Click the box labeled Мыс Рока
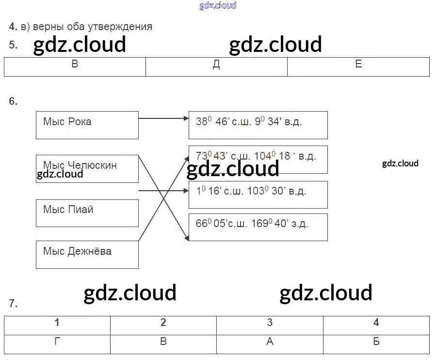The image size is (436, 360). (x=87, y=125)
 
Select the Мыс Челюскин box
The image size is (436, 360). (x=87, y=169)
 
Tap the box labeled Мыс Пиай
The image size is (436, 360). (x=87, y=213)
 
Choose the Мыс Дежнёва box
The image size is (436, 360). (x=87, y=255)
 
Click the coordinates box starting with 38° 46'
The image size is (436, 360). (x=258, y=125)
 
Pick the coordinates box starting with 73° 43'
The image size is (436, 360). (x=258, y=159)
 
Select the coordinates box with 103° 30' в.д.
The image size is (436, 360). (x=258, y=195)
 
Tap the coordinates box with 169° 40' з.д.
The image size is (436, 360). (x=258, y=227)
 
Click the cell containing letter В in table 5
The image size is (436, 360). (x=75, y=66)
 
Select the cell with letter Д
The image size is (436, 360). (x=216, y=66)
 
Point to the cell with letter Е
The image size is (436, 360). (x=358, y=66)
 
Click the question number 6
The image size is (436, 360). (x=13, y=101)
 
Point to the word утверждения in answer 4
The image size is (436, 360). (x=125, y=27)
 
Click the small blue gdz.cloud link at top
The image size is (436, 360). (x=218, y=5)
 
